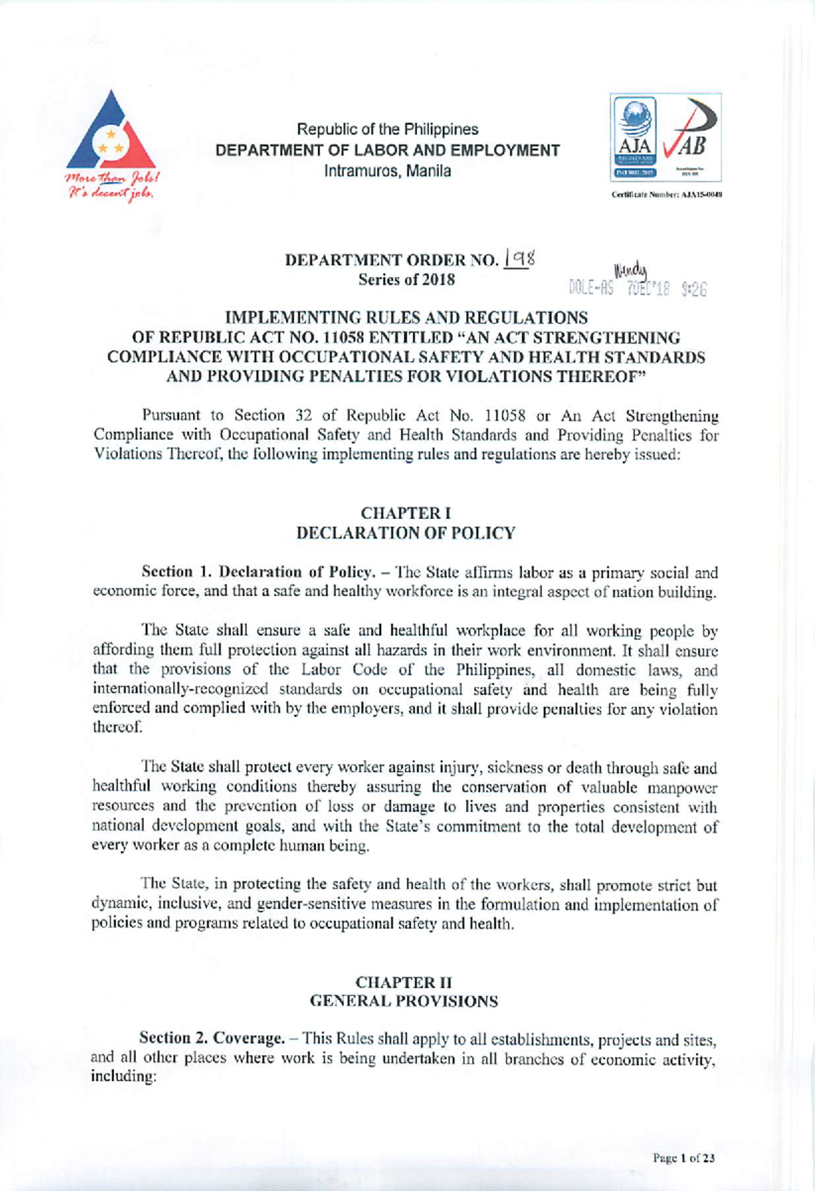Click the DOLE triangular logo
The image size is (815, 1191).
[x=112, y=132]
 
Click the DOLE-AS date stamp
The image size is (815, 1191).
[x=638, y=289]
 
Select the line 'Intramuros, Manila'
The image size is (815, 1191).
[x=387, y=171]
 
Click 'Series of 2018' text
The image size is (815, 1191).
[x=406, y=280]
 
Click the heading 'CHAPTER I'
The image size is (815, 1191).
[x=405, y=513]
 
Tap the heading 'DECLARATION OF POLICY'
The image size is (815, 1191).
[x=405, y=533]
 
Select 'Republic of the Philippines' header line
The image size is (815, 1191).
[x=387, y=129]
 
